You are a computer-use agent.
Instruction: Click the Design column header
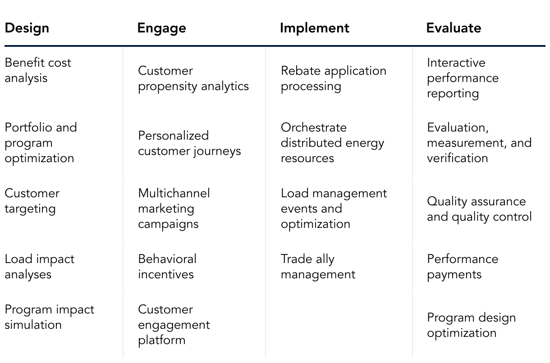27,28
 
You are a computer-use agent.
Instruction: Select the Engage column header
161,28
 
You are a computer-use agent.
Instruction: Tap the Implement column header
314,28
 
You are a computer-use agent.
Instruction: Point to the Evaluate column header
454,28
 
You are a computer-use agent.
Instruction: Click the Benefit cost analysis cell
38,70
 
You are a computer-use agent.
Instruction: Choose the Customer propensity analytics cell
193,78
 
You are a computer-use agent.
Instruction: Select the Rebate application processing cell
333,78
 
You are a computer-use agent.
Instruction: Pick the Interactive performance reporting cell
463,78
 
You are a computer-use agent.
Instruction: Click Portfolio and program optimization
41,143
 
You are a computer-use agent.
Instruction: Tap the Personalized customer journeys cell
189,143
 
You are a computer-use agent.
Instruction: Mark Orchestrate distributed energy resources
332,143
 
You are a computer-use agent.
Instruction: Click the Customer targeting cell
32,201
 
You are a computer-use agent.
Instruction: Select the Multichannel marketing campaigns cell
174,209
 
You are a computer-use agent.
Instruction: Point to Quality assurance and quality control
479,209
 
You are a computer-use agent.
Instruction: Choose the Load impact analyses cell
39,267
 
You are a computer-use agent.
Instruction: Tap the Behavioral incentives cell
167,267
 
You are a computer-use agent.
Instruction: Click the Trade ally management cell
318,267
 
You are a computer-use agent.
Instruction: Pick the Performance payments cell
463,267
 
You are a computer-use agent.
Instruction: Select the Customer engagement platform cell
174,325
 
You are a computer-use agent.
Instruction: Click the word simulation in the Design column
33,325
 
